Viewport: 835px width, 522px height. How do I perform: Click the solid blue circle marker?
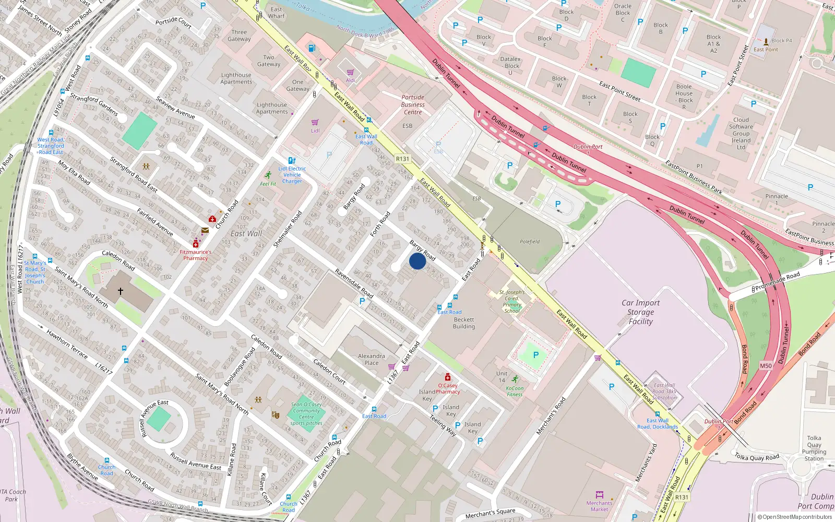pyautogui.click(x=417, y=261)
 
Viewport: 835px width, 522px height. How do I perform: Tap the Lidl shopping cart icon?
pyautogui.click(x=315, y=123)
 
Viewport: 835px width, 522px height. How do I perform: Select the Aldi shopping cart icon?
pyautogui.click(x=350, y=73)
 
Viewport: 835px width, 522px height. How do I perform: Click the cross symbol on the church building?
pyautogui.click(x=121, y=291)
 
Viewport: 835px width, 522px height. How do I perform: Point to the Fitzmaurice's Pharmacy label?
pyautogui.click(x=195, y=255)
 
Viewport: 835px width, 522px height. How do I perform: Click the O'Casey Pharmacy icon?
pyautogui.click(x=447, y=377)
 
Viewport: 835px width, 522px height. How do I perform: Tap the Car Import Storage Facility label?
pyautogui.click(x=640, y=312)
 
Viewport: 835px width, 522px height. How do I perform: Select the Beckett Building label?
pyautogui.click(x=464, y=323)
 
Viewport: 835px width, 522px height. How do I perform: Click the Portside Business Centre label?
pyautogui.click(x=413, y=104)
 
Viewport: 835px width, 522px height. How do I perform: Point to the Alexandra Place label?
pyautogui.click(x=372, y=359)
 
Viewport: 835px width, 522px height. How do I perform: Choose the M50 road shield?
pyautogui.click(x=766, y=366)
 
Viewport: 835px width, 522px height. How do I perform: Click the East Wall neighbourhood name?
pyautogui.click(x=246, y=234)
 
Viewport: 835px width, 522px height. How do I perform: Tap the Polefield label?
pyautogui.click(x=530, y=242)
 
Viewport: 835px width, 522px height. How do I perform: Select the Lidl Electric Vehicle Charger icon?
pyautogui.click(x=292, y=161)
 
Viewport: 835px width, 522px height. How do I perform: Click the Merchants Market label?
pyautogui.click(x=599, y=506)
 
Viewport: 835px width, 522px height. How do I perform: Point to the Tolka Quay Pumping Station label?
pyautogui.click(x=814, y=448)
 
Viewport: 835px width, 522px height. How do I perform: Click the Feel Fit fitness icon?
pyautogui.click(x=268, y=175)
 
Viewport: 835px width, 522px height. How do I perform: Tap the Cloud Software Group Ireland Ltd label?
pyautogui.click(x=741, y=134)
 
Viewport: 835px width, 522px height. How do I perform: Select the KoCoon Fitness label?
pyautogui.click(x=515, y=391)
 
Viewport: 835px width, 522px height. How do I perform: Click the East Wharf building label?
pyautogui.click(x=277, y=13)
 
